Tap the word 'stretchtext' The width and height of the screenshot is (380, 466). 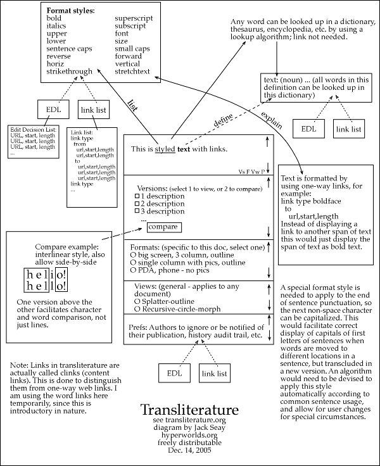[133, 71]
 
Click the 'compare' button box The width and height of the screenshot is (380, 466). [163, 227]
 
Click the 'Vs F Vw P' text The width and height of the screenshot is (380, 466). [251, 171]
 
